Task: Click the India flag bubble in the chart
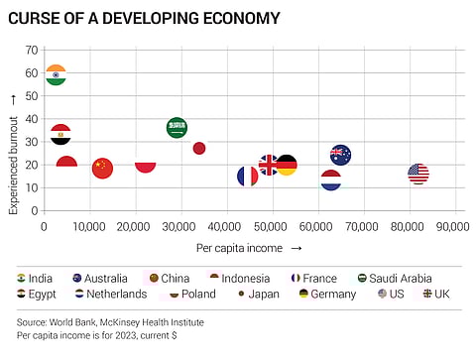(56, 75)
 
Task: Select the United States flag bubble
(417, 174)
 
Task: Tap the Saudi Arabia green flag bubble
(177, 128)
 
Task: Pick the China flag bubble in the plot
(102, 168)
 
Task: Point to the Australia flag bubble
(340, 155)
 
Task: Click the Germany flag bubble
(286, 166)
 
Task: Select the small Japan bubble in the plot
(199, 148)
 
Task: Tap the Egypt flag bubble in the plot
(60, 135)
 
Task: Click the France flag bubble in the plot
(248, 177)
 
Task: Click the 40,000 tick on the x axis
(225, 227)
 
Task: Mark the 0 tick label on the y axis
(34, 211)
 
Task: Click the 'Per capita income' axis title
(238, 247)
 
